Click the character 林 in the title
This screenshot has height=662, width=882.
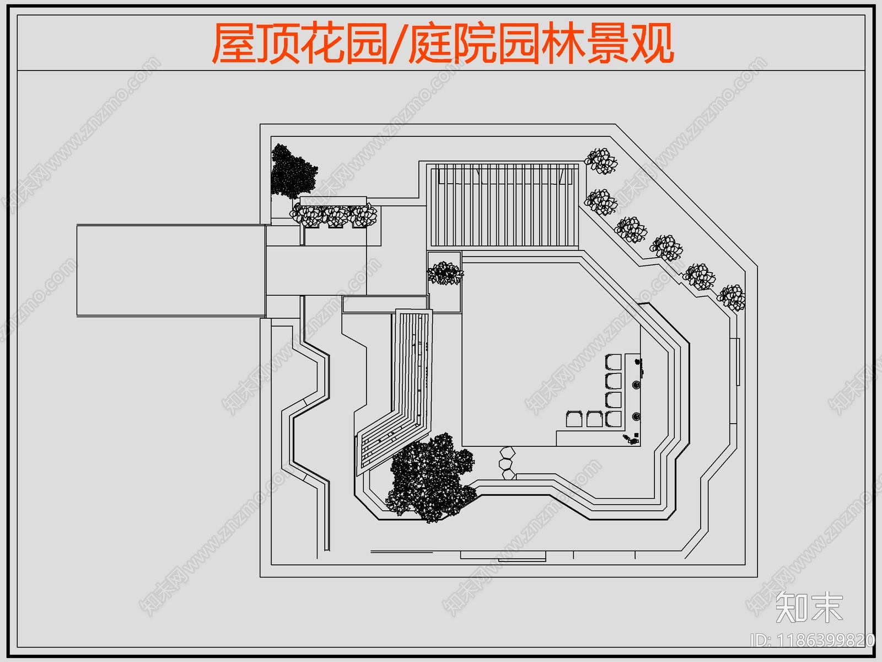pos(562,43)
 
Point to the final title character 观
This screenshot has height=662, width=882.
pos(651,43)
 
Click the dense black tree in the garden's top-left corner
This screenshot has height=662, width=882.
pos(292,171)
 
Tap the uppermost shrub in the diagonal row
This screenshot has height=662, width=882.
pos(600,161)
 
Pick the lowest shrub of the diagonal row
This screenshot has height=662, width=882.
pos(732,297)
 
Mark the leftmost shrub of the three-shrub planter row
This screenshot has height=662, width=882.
pos(306,215)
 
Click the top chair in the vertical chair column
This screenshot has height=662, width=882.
pos(614,362)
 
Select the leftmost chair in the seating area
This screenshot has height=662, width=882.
pos(574,419)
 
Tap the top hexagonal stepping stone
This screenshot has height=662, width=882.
pos(507,453)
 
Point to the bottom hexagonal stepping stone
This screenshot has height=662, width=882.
pos(508,474)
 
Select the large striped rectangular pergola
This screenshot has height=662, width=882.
pos(504,205)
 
